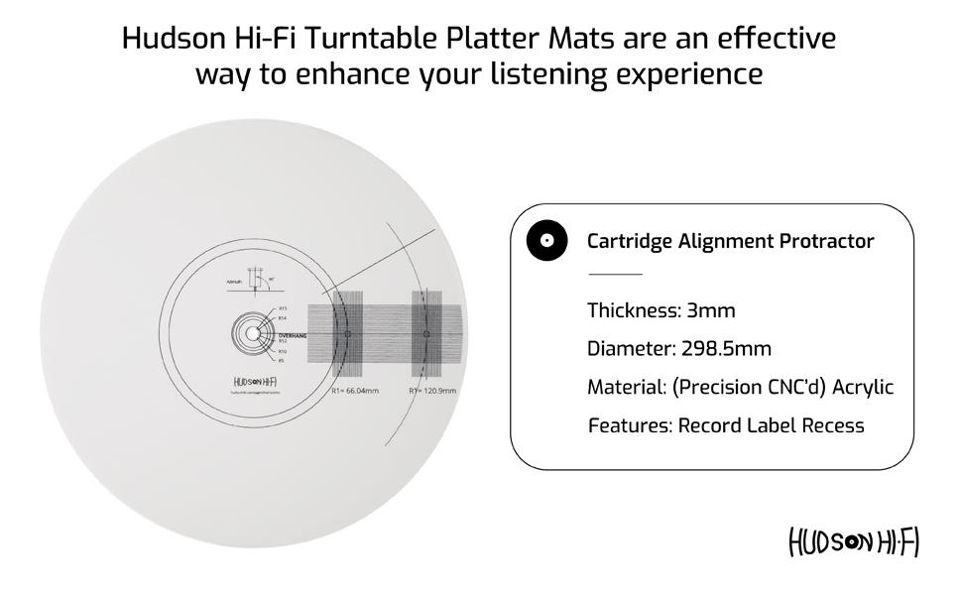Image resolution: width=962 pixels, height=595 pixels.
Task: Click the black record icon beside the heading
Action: (546, 241)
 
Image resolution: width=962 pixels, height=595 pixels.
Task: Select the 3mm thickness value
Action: (711, 310)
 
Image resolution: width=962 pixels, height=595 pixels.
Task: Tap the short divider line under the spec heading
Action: (615, 274)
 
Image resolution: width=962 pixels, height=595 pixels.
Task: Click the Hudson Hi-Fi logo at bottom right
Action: (854, 541)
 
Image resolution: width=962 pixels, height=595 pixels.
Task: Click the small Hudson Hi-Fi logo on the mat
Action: (254, 382)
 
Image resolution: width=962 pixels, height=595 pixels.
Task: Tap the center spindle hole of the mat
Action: (247, 335)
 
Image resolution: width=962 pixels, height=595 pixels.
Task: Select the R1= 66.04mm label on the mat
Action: (355, 392)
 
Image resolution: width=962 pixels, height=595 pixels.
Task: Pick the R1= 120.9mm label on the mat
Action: (432, 392)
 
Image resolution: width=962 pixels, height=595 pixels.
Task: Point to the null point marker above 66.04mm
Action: (347, 335)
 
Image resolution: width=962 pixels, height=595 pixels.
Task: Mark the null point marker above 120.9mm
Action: (426, 335)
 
